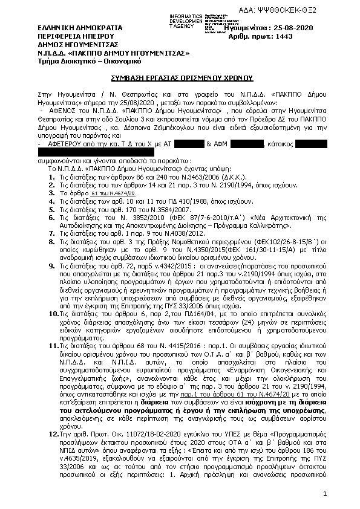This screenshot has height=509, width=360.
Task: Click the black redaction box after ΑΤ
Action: (x=188, y=144)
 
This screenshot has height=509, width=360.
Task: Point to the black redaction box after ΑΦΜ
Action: (x=246, y=144)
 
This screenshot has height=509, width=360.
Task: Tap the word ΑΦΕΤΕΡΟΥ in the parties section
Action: (x=64, y=144)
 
